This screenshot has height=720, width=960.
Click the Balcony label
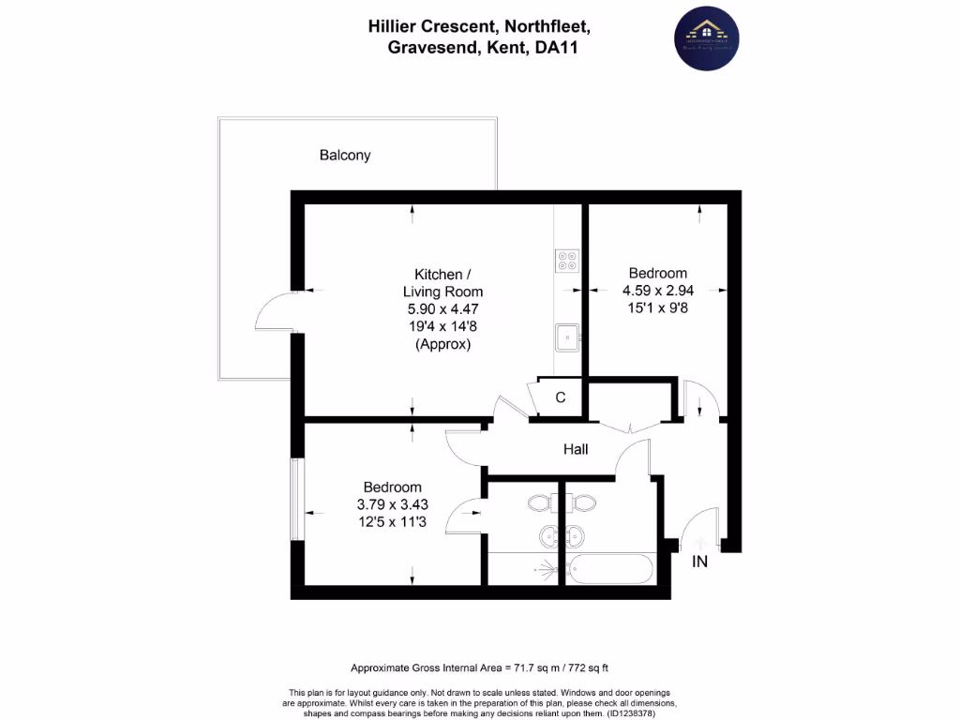point(345,156)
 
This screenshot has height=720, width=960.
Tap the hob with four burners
point(566,260)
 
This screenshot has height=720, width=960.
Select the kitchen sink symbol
point(566,335)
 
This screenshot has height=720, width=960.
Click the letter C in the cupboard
point(561,397)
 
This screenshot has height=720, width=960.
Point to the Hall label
point(576,450)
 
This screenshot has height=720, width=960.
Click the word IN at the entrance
point(699,562)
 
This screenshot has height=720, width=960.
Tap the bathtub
point(609,568)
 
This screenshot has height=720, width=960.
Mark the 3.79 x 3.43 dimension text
point(392,504)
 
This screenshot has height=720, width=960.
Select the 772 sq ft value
point(578,668)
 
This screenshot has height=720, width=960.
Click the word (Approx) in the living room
point(442,344)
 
